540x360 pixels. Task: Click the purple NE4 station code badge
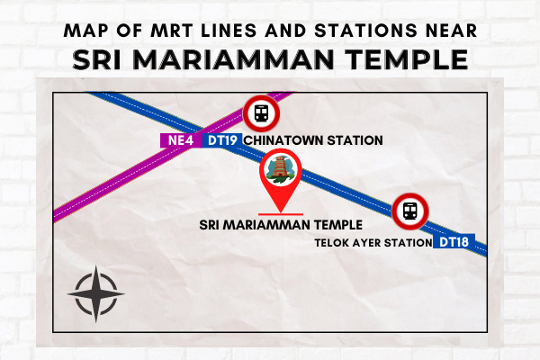coord(181,140)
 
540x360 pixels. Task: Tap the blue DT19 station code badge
coord(222,140)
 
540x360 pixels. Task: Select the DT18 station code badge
coord(454,242)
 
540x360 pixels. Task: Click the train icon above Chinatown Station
coord(261,113)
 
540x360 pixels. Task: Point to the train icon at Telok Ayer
coord(410,211)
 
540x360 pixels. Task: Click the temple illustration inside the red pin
coord(281,169)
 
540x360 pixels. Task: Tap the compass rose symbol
coord(96,294)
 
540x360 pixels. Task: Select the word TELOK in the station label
coord(330,243)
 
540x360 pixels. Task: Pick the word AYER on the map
coord(365,243)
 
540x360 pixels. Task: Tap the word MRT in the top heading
coord(172,31)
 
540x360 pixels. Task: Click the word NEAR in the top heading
coord(452,31)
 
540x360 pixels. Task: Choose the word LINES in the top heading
coord(229,31)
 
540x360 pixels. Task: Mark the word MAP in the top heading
coord(85,31)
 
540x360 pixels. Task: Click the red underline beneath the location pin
coord(281,214)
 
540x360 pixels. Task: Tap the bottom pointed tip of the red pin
coord(281,212)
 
